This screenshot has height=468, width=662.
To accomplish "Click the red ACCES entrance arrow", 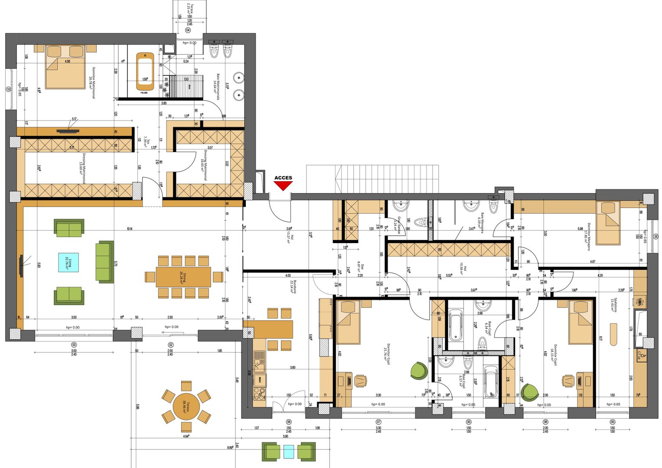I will [283, 186].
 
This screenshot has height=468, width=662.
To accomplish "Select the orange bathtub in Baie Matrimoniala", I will [145, 73].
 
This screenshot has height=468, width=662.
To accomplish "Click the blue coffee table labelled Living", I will [68, 263].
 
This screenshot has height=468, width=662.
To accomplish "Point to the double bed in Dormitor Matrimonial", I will [65, 67].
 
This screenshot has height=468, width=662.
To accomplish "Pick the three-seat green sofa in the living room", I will [104, 262].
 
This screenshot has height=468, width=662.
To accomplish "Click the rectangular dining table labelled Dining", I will [183, 277].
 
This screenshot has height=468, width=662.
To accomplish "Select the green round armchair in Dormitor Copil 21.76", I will [419, 371].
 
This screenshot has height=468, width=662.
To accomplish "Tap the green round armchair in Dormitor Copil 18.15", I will [529, 393].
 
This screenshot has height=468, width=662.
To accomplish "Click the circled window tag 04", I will [188, 31].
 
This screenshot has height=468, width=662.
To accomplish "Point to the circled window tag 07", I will [378, 422].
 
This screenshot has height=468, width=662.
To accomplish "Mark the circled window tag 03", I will [74, 344].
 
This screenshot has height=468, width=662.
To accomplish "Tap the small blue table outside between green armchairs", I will [289, 452].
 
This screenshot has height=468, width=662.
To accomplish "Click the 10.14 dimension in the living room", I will [130, 229].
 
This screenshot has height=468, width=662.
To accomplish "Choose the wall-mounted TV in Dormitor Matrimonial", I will [68, 129].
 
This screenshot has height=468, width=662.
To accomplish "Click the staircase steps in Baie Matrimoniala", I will [186, 87].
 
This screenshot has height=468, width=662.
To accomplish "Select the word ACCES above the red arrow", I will [283, 178].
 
